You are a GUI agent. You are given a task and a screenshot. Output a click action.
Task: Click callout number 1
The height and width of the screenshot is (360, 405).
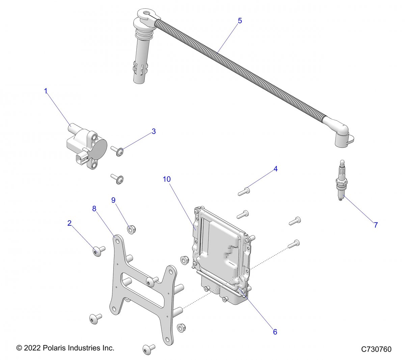point(46,91)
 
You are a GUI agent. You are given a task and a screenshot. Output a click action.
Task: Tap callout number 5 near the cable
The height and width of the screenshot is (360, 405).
point(240,21)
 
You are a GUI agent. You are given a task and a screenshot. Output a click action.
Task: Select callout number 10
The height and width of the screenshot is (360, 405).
point(167,179)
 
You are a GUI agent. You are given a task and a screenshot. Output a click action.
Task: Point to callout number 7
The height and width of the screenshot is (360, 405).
point(376,225)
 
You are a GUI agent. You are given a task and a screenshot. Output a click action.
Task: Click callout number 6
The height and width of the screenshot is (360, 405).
point(275,332)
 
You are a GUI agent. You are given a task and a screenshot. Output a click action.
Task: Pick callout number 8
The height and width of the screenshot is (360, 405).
point(94,209)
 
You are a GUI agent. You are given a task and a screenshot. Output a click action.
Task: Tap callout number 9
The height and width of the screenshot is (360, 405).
point(113,200)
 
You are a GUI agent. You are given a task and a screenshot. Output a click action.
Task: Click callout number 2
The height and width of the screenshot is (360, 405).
point(70,223)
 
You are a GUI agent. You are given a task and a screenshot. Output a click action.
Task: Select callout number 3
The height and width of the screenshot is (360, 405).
point(154,131)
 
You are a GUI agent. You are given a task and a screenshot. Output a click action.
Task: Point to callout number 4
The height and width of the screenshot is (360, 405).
point(275,169)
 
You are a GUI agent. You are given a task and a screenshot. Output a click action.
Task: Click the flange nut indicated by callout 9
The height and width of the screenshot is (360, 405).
point(131,230)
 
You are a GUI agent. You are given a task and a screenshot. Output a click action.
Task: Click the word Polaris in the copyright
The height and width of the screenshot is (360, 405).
point(55,348)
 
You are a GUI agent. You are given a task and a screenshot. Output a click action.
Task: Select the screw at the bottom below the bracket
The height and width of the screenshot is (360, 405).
point(148,349)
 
